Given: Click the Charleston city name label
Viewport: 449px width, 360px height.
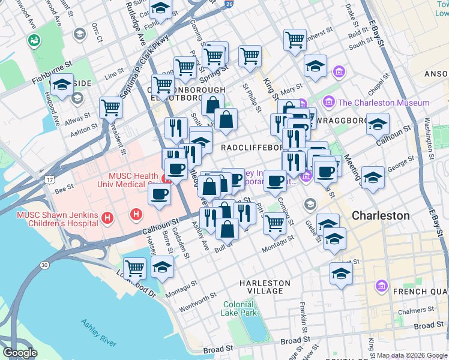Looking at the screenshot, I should pyautogui.click(x=381, y=215).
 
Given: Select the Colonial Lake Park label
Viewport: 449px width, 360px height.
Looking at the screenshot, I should pyautogui.click(x=240, y=308).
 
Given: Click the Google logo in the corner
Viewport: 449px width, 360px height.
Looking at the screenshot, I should pyautogui.click(x=20, y=353).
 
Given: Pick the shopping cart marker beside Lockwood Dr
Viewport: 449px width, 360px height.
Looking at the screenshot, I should pyautogui.click(x=135, y=268).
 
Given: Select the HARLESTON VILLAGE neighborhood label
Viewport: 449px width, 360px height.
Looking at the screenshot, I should pyautogui.click(x=265, y=287).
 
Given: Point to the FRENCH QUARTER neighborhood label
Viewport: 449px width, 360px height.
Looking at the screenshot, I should pyautogui.click(x=419, y=292).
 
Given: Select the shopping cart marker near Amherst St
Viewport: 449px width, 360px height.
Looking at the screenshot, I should pyautogui.click(x=295, y=40).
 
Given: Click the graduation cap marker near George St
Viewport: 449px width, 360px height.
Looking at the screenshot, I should pyautogui.click(x=373, y=178).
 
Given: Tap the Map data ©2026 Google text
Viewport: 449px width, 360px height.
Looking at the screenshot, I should pyautogui.click(x=412, y=355).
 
